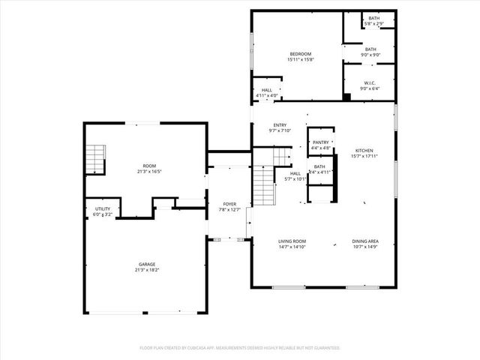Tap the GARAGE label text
tap(148, 264)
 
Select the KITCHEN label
tap(364, 151)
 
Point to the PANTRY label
tap(321, 142)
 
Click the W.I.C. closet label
tap(370, 83)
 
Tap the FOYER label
tap(230, 204)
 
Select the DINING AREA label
tap(365, 241)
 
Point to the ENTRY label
tap(280, 125)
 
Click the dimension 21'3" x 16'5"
tap(150, 172)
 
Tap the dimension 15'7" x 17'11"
tap(364, 157)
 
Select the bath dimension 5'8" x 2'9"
tap(373, 25)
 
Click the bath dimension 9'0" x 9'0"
tap(370, 55)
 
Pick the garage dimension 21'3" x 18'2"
tap(148, 270)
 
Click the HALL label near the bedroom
tap(267, 90)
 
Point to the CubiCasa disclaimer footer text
tap(240, 348)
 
